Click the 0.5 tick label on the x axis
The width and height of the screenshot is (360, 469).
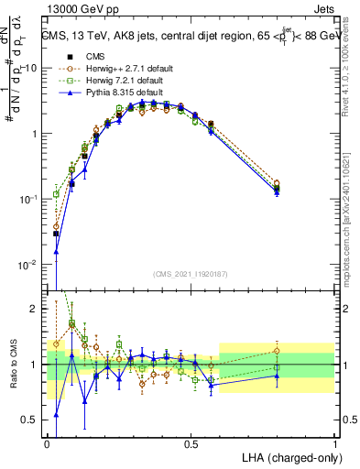[x=191, y=443]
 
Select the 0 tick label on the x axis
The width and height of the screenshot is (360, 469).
[x=48, y=443]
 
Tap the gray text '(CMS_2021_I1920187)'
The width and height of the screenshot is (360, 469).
[x=191, y=273]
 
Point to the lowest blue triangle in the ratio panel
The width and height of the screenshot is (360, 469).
[x=56, y=415]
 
